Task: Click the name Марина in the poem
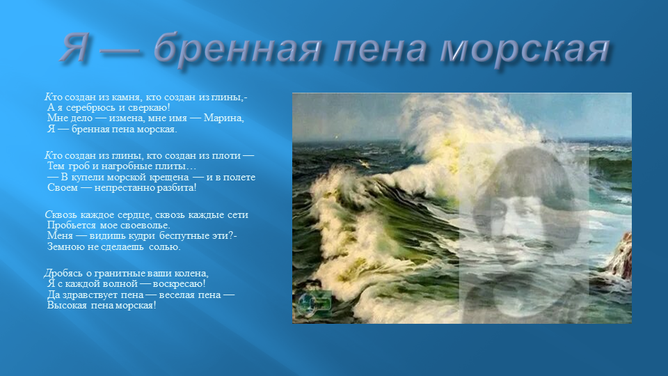click(x=223, y=118)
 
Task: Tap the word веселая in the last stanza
click(x=177, y=295)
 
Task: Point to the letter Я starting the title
click(x=75, y=47)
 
